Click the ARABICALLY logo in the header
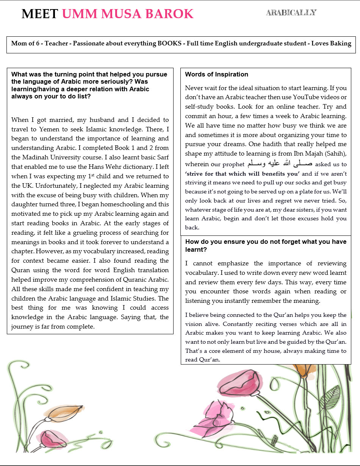click(x=291, y=12)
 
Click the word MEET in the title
click(x=40, y=14)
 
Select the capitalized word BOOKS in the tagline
click(x=170, y=44)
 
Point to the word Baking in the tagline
click(x=340, y=44)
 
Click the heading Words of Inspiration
click(x=217, y=74)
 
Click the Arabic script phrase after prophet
click(x=280, y=164)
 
